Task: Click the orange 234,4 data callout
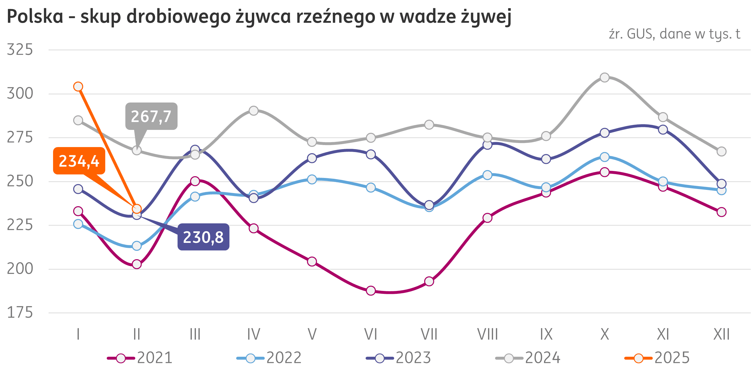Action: click(79, 161)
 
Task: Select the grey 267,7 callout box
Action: click(151, 116)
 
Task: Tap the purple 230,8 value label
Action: click(203, 237)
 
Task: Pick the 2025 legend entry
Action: click(657, 358)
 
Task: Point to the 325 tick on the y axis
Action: click(20, 50)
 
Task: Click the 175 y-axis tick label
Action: click(20, 313)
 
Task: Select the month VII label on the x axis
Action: click(429, 334)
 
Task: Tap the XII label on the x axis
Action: click(721, 334)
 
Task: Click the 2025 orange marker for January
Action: click(78, 86)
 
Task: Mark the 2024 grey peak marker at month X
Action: click(605, 77)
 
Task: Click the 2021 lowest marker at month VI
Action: click(371, 291)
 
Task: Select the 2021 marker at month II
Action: click(137, 264)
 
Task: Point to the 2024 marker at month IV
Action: click(254, 111)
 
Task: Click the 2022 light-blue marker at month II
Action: click(137, 246)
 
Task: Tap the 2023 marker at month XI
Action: click(663, 129)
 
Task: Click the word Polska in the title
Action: click(35, 17)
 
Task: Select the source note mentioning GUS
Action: click(674, 34)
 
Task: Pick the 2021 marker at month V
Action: click(312, 262)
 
